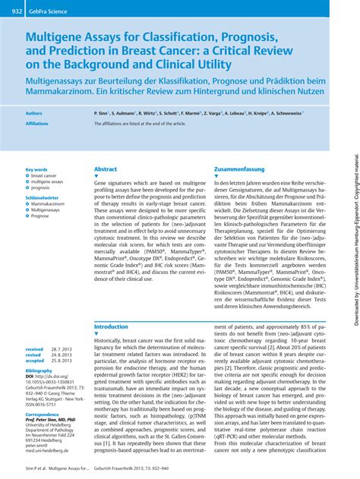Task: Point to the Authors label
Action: point(34,112)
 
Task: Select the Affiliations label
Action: point(37,122)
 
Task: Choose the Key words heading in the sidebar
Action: point(36,169)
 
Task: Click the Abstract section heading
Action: point(106,169)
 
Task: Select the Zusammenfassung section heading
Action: point(240,169)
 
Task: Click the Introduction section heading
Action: point(111,326)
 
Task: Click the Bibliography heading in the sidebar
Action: point(39,370)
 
